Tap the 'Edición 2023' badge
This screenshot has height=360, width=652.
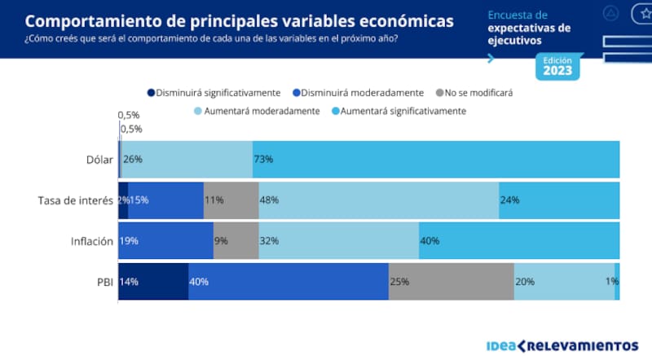(x=558, y=67)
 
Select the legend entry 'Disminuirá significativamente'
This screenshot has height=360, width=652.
(x=214, y=93)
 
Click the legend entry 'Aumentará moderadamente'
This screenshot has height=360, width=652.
(x=257, y=111)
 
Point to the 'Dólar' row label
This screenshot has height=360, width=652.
(x=99, y=160)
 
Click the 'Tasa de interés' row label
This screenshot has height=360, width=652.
(x=75, y=200)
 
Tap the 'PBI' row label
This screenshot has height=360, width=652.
(x=102, y=282)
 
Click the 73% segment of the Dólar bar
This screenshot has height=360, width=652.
(x=436, y=160)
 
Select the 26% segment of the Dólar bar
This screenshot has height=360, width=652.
(x=187, y=160)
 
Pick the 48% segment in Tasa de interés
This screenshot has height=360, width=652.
(x=379, y=200)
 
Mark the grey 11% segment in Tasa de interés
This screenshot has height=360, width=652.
(x=231, y=200)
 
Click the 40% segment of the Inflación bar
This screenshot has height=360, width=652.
(x=519, y=241)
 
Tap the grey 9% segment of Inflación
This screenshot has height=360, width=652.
(x=236, y=241)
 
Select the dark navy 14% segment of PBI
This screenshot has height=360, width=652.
(x=153, y=282)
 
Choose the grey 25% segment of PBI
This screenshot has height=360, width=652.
(x=451, y=282)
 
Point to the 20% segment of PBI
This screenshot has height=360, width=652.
(x=564, y=282)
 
